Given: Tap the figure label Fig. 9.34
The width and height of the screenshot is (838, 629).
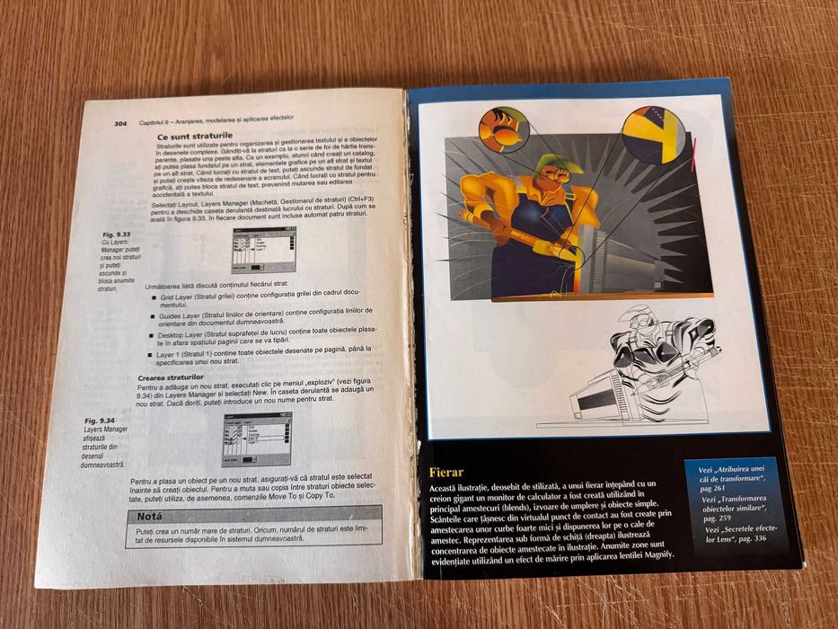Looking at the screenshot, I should (100, 421).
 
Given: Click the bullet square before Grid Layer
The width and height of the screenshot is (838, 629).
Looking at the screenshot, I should (154, 295).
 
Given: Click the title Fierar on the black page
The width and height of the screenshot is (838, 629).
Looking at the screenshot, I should (446, 473).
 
